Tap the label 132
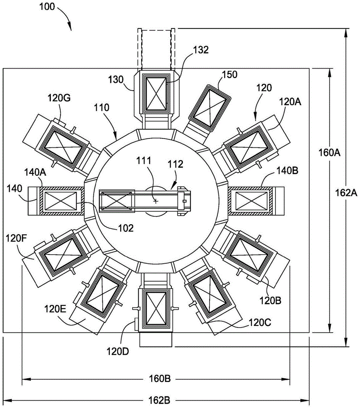[201, 50]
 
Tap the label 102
[124, 228]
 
